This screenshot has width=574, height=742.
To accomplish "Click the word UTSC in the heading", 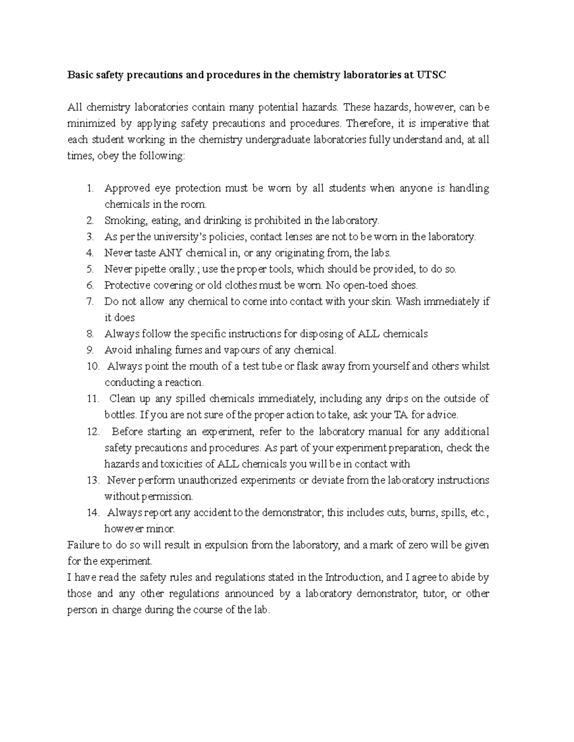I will (x=430, y=75).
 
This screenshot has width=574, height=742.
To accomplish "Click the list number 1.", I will (x=90, y=188).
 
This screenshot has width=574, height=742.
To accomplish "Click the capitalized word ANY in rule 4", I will (x=171, y=253).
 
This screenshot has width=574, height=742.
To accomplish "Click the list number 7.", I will (x=90, y=301).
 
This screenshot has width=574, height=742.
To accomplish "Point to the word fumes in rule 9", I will (x=187, y=350).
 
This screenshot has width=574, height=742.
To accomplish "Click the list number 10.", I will (x=92, y=366).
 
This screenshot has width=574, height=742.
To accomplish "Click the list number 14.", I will (x=92, y=513).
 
